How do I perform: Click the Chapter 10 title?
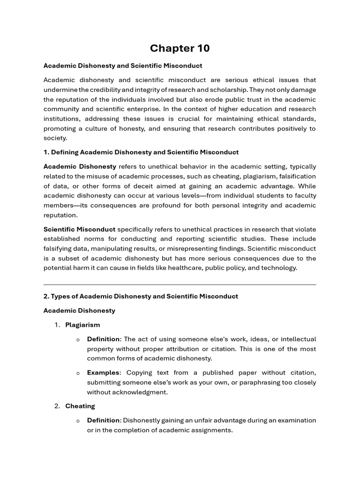point(180,48)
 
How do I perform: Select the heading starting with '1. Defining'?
point(141,152)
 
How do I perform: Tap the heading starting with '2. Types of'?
point(141,296)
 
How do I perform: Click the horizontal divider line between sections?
point(180,284)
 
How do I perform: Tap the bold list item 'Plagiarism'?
point(82,325)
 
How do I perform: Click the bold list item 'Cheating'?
point(80,406)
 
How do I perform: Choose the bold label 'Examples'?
point(103,373)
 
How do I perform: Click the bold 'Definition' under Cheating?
point(103,420)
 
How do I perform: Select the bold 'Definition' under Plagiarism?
point(103,339)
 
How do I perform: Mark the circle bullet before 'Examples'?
point(78,373)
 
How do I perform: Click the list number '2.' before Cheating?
point(57,406)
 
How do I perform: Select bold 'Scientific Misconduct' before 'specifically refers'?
point(79,229)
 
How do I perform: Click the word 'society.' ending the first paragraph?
point(55,138)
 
